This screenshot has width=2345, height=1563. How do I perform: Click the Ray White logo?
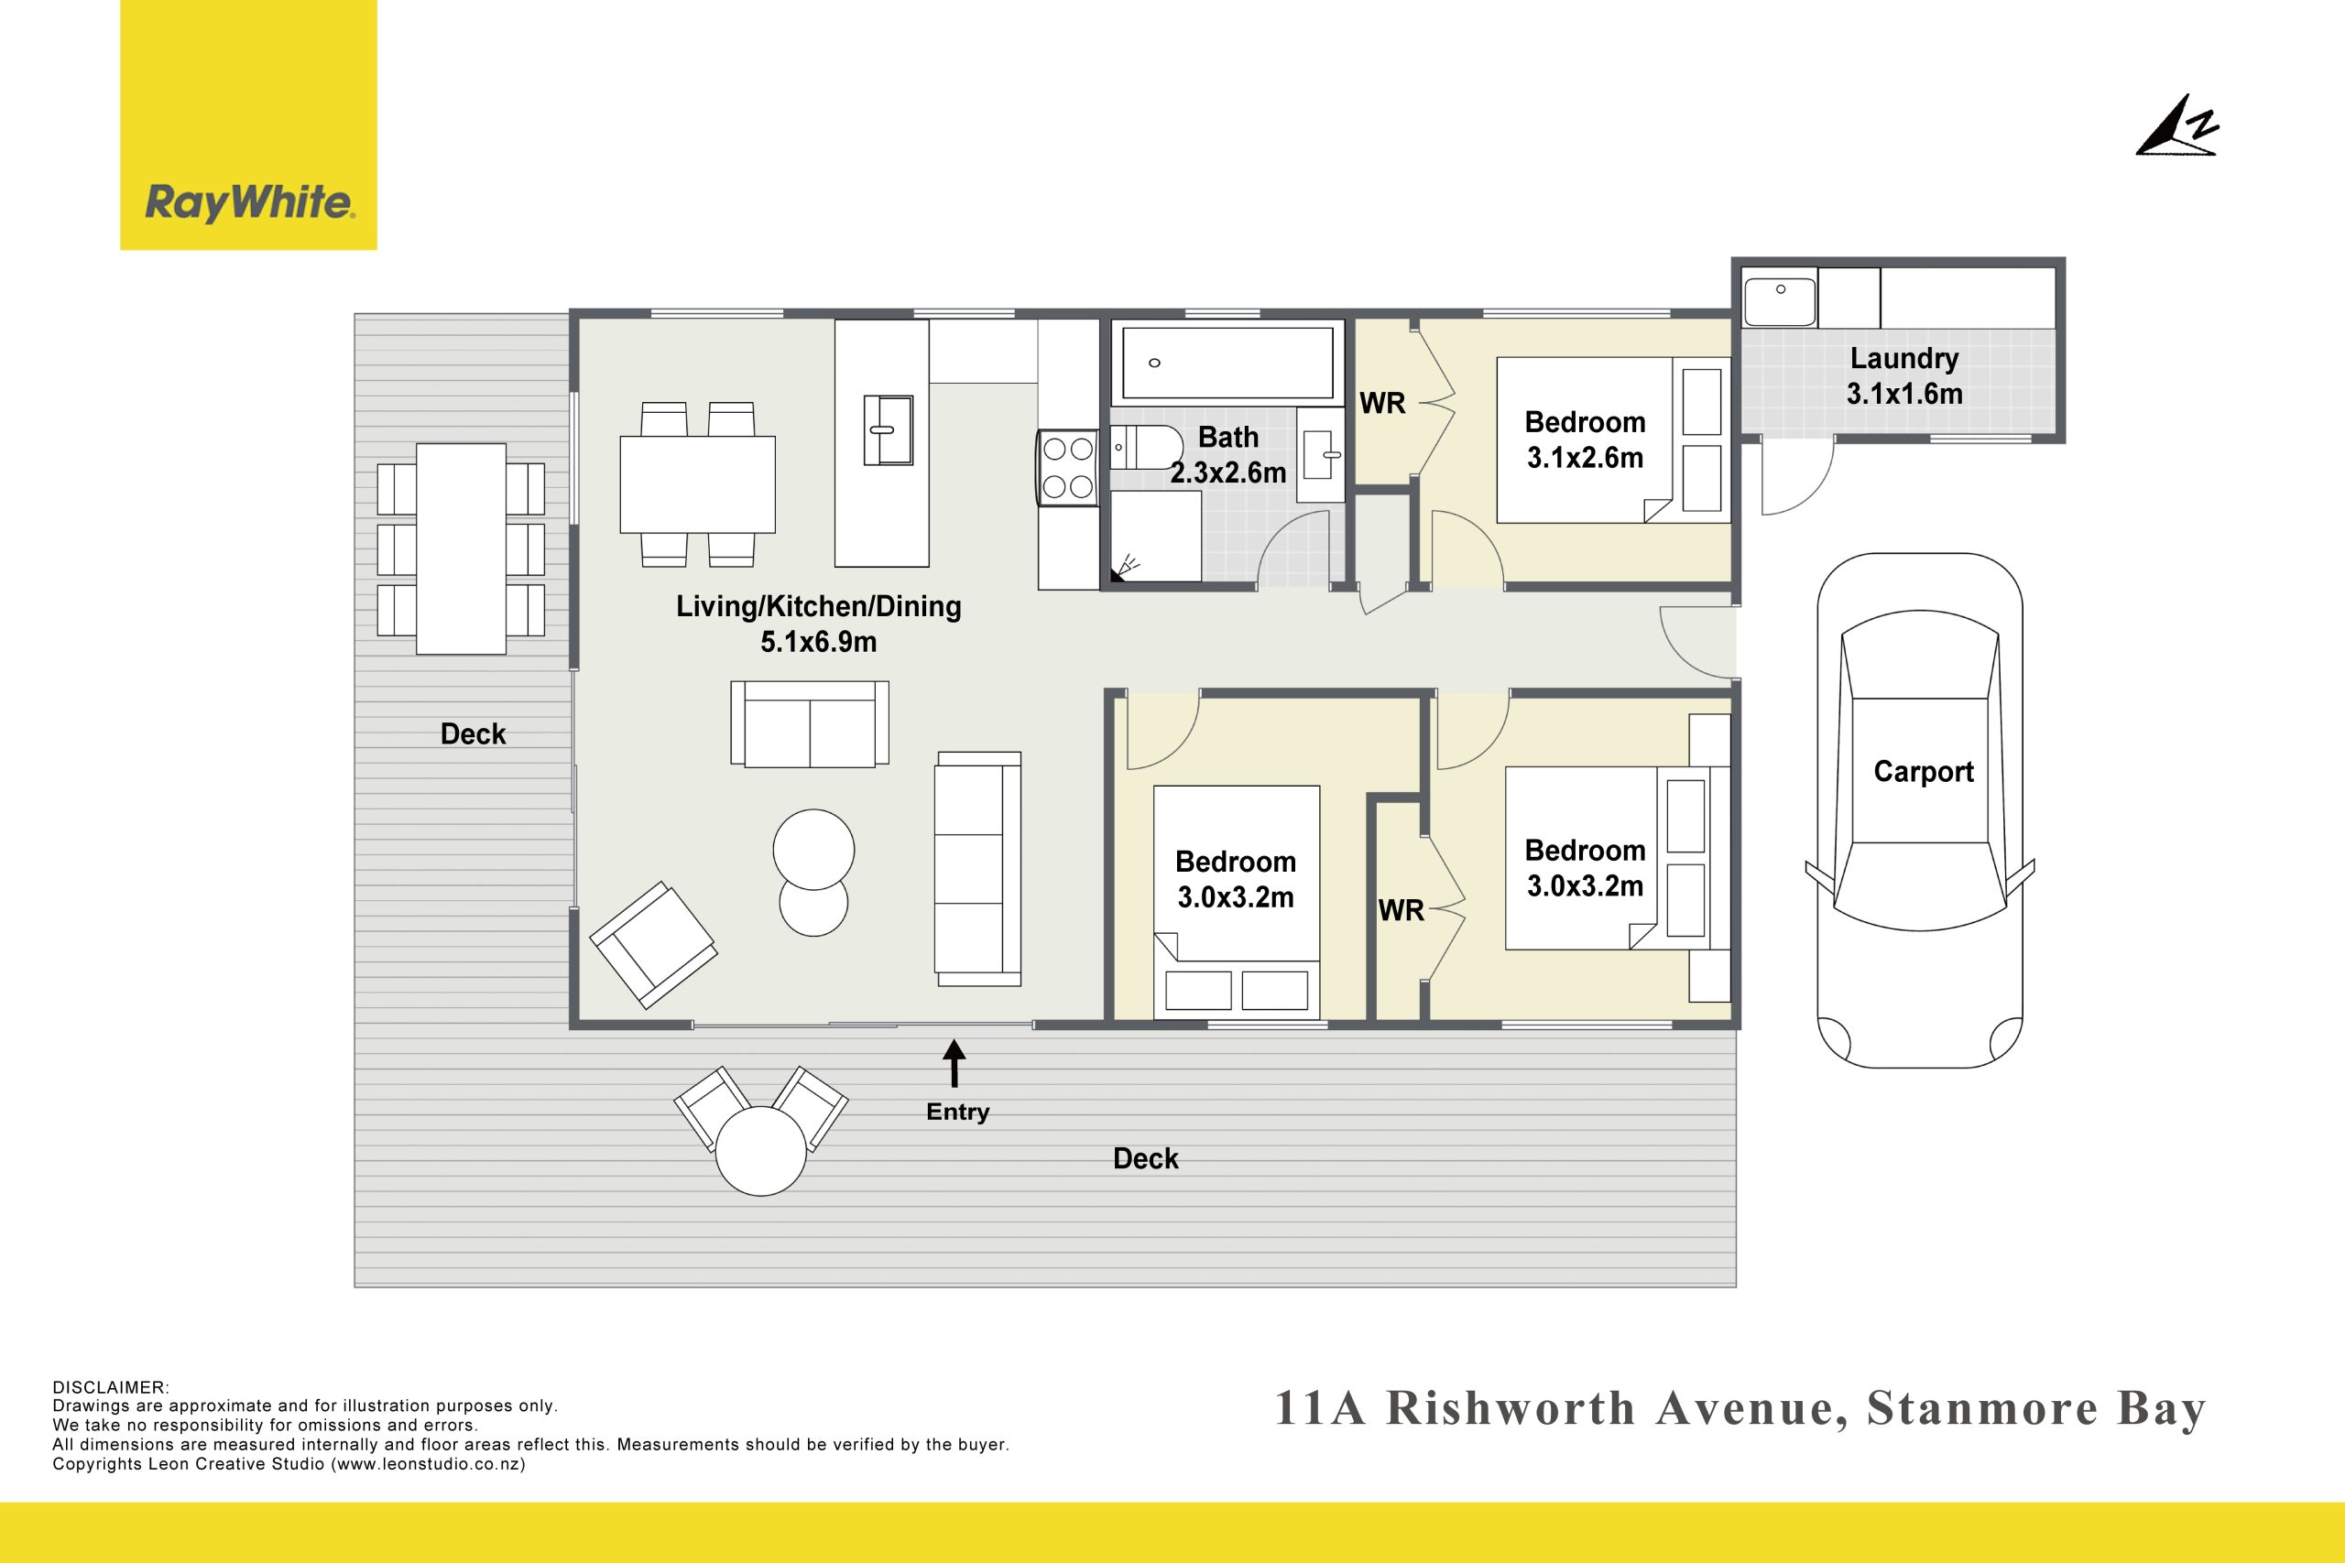tap(248, 125)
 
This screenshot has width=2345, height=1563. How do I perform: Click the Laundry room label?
tap(1904, 358)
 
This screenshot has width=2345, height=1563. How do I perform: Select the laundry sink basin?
tap(1780, 297)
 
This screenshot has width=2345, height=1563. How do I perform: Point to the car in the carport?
tap(1919, 810)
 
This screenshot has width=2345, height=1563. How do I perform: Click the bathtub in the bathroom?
tap(1227, 363)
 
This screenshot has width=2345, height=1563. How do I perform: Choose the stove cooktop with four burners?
tap(1068, 468)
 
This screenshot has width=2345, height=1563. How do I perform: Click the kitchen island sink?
tap(889, 429)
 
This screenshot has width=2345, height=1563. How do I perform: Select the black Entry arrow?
tap(954, 1062)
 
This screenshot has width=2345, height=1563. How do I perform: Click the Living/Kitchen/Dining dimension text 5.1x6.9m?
tap(819, 642)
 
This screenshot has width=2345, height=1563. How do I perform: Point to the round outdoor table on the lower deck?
tap(760, 1150)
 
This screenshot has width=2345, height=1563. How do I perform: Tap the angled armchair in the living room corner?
tap(653, 944)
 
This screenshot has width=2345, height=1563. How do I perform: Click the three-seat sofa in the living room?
tap(977, 868)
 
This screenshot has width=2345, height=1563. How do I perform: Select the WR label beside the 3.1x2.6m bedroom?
tap(1383, 403)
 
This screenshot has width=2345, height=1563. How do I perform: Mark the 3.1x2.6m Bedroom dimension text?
tap(1585, 458)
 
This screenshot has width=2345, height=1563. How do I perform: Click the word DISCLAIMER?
tap(111, 1387)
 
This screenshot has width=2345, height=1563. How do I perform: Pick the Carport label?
tap(1924, 772)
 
